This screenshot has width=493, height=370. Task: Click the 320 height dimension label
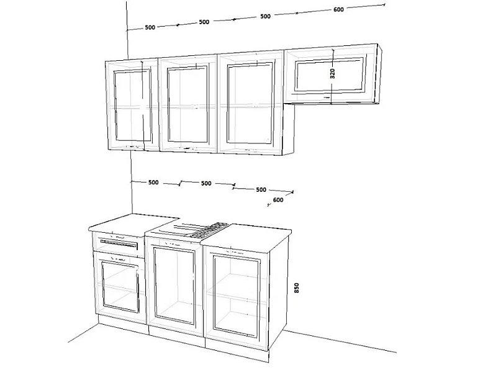pyautogui.click(x=333, y=73)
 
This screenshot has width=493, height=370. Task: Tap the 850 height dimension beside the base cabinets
pyautogui.click(x=297, y=288)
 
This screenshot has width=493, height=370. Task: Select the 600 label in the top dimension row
pyautogui.click(x=338, y=9)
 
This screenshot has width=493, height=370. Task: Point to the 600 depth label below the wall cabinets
pyautogui.click(x=278, y=200)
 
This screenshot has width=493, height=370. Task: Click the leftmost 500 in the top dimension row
pyautogui.click(x=150, y=27)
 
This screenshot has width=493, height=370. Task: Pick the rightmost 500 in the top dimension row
pyautogui.click(x=265, y=16)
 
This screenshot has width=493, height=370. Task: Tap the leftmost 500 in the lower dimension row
pyautogui.click(x=153, y=183)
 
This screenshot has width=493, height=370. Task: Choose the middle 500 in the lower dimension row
pyautogui.click(x=206, y=183)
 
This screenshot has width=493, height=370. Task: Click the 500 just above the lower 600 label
pyautogui.click(x=261, y=189)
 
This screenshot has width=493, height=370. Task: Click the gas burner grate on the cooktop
pyautogui.click(x=209, y=230)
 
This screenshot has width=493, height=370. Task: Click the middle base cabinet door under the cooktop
pyautogui.click(x=175, y=285)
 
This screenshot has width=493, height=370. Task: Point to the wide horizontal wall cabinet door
pyautogui.click(x=330, y=74)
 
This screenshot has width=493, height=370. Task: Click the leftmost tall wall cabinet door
pyautogui.click(x=133, y=106)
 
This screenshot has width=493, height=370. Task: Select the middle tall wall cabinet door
pyautogui.click(x=188, y=104)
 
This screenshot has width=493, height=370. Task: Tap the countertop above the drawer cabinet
pyautogui.click(x=133, y=223)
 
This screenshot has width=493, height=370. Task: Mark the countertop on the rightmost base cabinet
pyautogui.click(x=246, y=238)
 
